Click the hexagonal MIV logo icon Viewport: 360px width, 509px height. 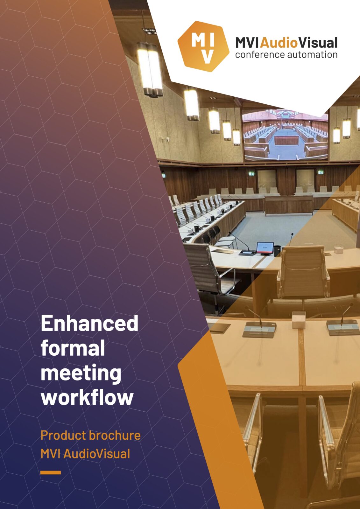pos(203,46)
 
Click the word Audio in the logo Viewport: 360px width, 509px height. pos(279,43)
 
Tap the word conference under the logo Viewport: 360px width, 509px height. pos(260,55)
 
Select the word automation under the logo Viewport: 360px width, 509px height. pos(312,55)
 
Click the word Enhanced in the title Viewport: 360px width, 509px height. pos(89,323)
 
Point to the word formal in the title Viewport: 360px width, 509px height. pos(73,348)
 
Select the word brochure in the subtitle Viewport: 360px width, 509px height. pos(115,436)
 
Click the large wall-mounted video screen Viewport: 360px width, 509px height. pos(286,135)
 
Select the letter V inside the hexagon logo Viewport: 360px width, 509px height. pos(208,56)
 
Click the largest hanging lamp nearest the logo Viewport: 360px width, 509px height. pos(150,69)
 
